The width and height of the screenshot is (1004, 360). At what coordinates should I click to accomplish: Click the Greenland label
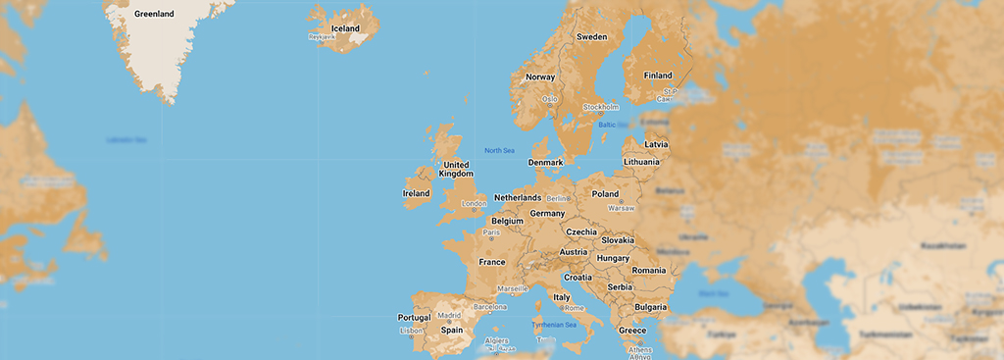coord(153,14)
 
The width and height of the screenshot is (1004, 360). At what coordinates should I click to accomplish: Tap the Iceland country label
coord(345,28)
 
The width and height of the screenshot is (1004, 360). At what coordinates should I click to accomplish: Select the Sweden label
coord(591,36)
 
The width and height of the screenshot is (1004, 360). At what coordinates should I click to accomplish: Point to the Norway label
coord(540,77)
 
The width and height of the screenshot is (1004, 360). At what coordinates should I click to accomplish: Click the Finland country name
coord(658,76)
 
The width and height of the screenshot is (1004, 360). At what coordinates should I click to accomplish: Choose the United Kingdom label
coord(456,169)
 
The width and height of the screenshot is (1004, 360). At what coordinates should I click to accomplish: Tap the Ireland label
coord(416,193)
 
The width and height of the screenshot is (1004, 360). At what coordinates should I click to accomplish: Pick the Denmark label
coord(545,162)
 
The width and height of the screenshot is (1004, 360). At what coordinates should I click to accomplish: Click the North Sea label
coord(499,150)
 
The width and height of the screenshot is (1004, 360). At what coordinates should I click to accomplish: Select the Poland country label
coord(605,194)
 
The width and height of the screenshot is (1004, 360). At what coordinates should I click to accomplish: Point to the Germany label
coord(547,213)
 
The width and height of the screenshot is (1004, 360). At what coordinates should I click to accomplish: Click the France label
coord(491,262)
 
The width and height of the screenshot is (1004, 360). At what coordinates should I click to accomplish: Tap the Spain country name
coord(452,330)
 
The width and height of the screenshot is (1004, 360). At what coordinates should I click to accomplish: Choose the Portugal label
coord(414,318)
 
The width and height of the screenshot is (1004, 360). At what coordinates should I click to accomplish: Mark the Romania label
coord(649,270)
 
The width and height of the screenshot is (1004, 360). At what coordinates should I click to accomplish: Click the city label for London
coord(474,204)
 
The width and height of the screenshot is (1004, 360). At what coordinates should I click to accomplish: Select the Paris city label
coord(491,233)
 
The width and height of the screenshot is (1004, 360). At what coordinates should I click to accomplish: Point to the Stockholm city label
coord(601,106)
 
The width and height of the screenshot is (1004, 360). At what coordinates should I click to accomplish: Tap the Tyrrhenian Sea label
coord(554,325)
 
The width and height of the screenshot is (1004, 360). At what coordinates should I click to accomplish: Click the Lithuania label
coord(642,161)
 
